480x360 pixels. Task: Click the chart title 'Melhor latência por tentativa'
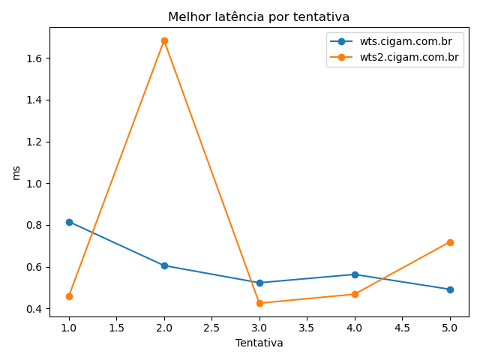[259, 17]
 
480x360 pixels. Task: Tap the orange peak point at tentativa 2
[164, 40]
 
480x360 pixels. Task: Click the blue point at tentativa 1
[69, 222]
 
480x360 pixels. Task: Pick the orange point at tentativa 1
[69, 296]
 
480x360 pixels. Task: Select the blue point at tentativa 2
[164, 265]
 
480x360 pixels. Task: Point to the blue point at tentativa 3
[259, 283]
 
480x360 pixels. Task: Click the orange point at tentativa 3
[259, 303]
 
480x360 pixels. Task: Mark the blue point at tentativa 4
[355, 274]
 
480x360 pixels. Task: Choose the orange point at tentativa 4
[355, 294]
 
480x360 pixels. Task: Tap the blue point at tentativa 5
[450, 289]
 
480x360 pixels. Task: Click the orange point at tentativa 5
[450, 242]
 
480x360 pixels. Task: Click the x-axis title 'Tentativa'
[259, 343]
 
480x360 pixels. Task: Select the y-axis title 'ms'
[16, 172]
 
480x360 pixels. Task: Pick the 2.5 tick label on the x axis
[211, 328]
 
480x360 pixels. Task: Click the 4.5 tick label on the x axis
[402, 328]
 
